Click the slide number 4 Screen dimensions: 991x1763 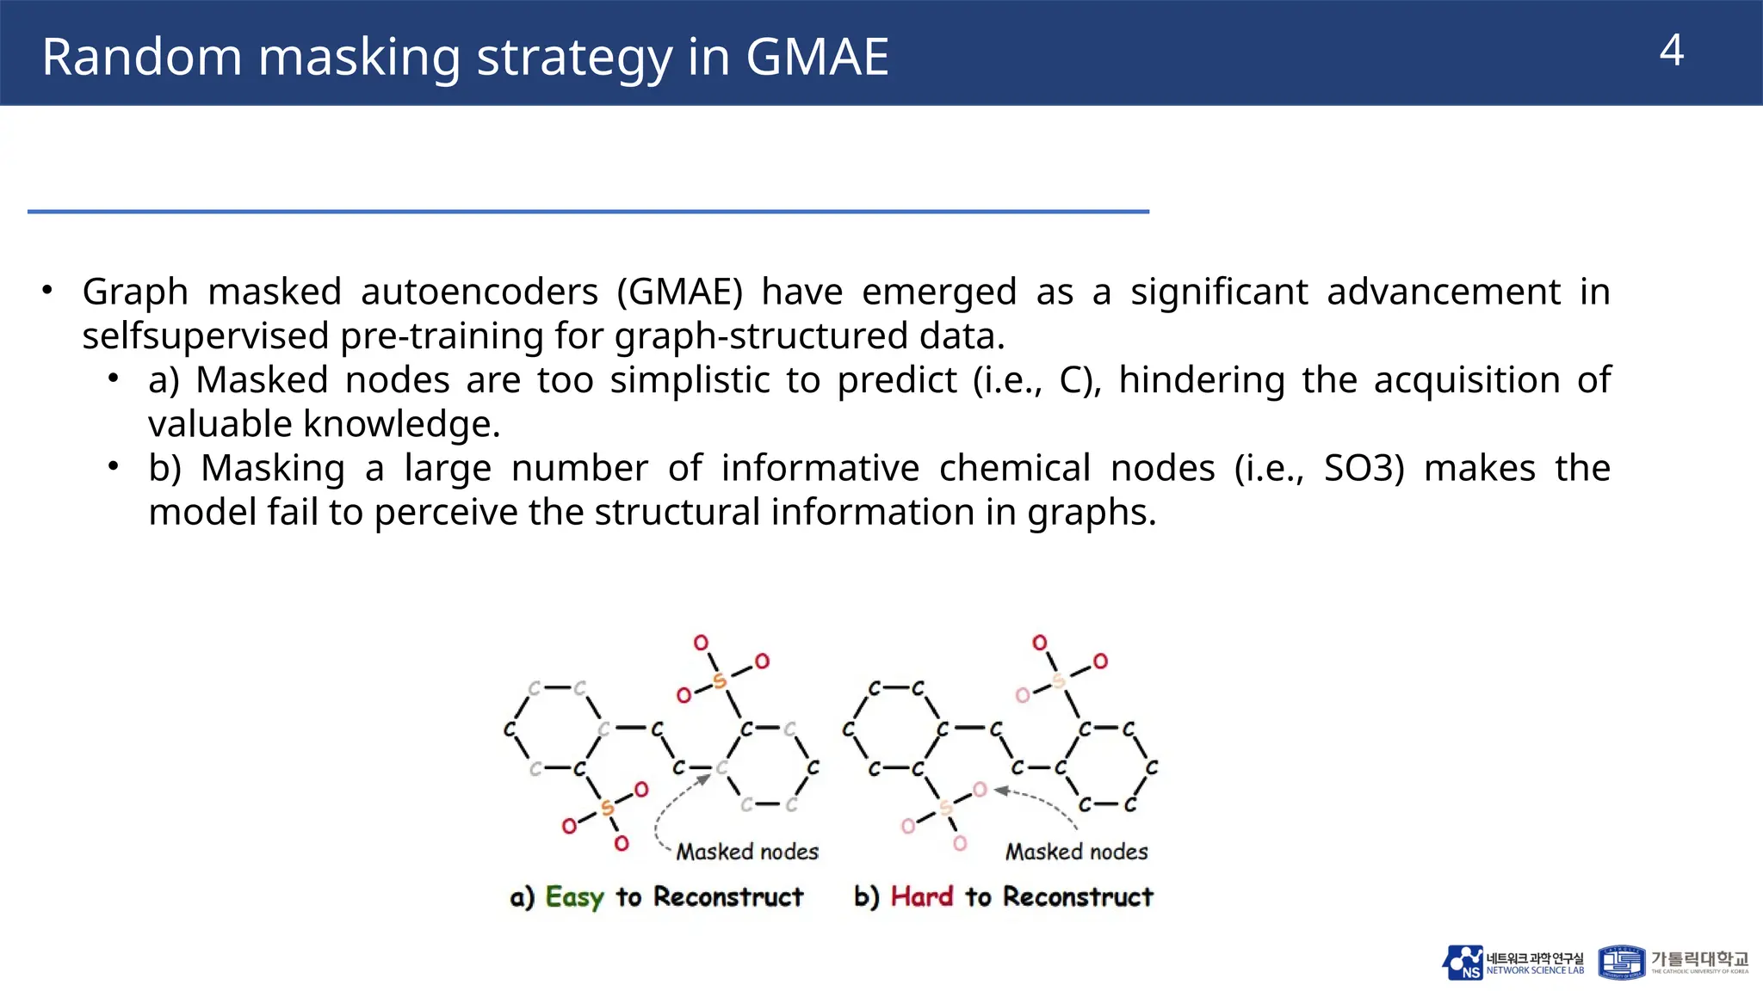coord(1671,51)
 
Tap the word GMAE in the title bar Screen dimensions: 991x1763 coord(816,57)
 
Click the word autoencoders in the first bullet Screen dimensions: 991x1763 coord(479,292)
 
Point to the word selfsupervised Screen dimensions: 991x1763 coord(206,335)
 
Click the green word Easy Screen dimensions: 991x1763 coord(574,896)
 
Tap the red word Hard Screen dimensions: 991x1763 coord(921,896)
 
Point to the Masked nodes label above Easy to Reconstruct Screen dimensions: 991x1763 coord(746,852)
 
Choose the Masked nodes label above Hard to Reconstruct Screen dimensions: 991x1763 coord(1076,852)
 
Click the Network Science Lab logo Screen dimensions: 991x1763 coord(1512,963)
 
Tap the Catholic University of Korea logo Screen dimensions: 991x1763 coord(1673,963)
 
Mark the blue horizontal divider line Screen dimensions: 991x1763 coord(588,211)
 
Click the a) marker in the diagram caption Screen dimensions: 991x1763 coord(522,897)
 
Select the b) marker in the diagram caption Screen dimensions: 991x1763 coord(866,896)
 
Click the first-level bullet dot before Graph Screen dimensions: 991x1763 coord(48,290)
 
